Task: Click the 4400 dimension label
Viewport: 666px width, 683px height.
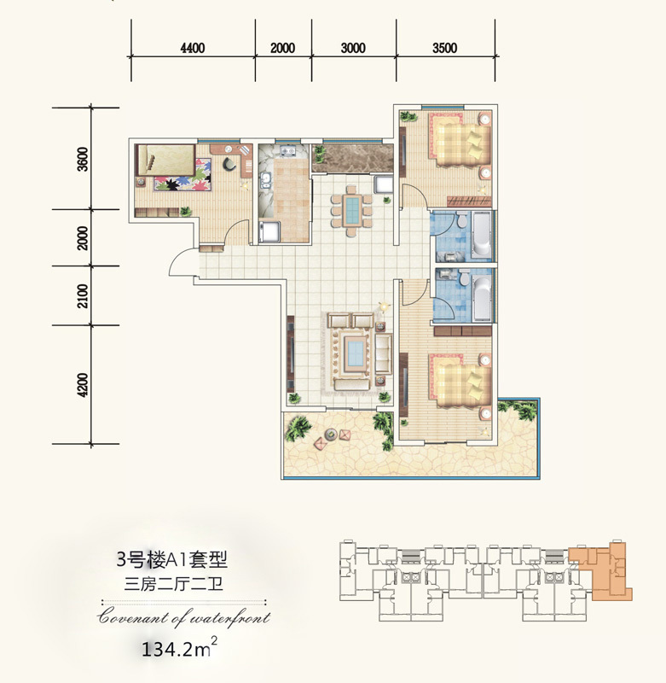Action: [x=192, y=48]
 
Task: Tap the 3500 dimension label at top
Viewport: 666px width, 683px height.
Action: [x=444, y=48]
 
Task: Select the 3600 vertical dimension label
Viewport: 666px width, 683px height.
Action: [x=83, y=159]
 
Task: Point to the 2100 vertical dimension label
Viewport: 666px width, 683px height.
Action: [x=83, y=295]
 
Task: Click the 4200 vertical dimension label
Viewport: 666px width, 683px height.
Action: [x=83, y=385]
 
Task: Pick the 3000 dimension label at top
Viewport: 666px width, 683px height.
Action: [x=353, y=48]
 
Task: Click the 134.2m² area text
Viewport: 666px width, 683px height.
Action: [x=179, y=648]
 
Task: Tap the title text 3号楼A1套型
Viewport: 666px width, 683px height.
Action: [x=171, y=560]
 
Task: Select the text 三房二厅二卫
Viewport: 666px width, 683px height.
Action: [x=173, y=584]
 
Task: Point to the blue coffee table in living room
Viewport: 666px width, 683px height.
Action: [x=354, y=353]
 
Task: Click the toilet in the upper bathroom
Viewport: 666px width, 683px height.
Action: [x=462, y=219]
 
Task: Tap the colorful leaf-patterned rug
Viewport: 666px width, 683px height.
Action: [x=182, y=175]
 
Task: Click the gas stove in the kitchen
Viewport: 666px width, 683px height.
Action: [x=287, y=151]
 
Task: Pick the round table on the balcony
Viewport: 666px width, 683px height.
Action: [x=332, y=434]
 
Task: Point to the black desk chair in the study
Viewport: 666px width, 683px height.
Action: [x=230, y=164]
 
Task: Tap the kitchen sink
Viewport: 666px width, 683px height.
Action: [x=265, y=180]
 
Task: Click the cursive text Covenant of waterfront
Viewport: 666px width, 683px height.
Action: [x=183, y=616]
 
